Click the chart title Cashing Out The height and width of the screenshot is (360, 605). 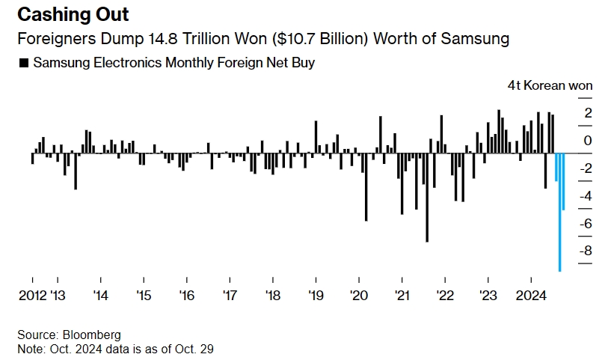73,14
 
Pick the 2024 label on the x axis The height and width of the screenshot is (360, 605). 533,295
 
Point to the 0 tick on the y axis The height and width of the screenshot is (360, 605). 589,141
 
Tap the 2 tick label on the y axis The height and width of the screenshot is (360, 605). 589,113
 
